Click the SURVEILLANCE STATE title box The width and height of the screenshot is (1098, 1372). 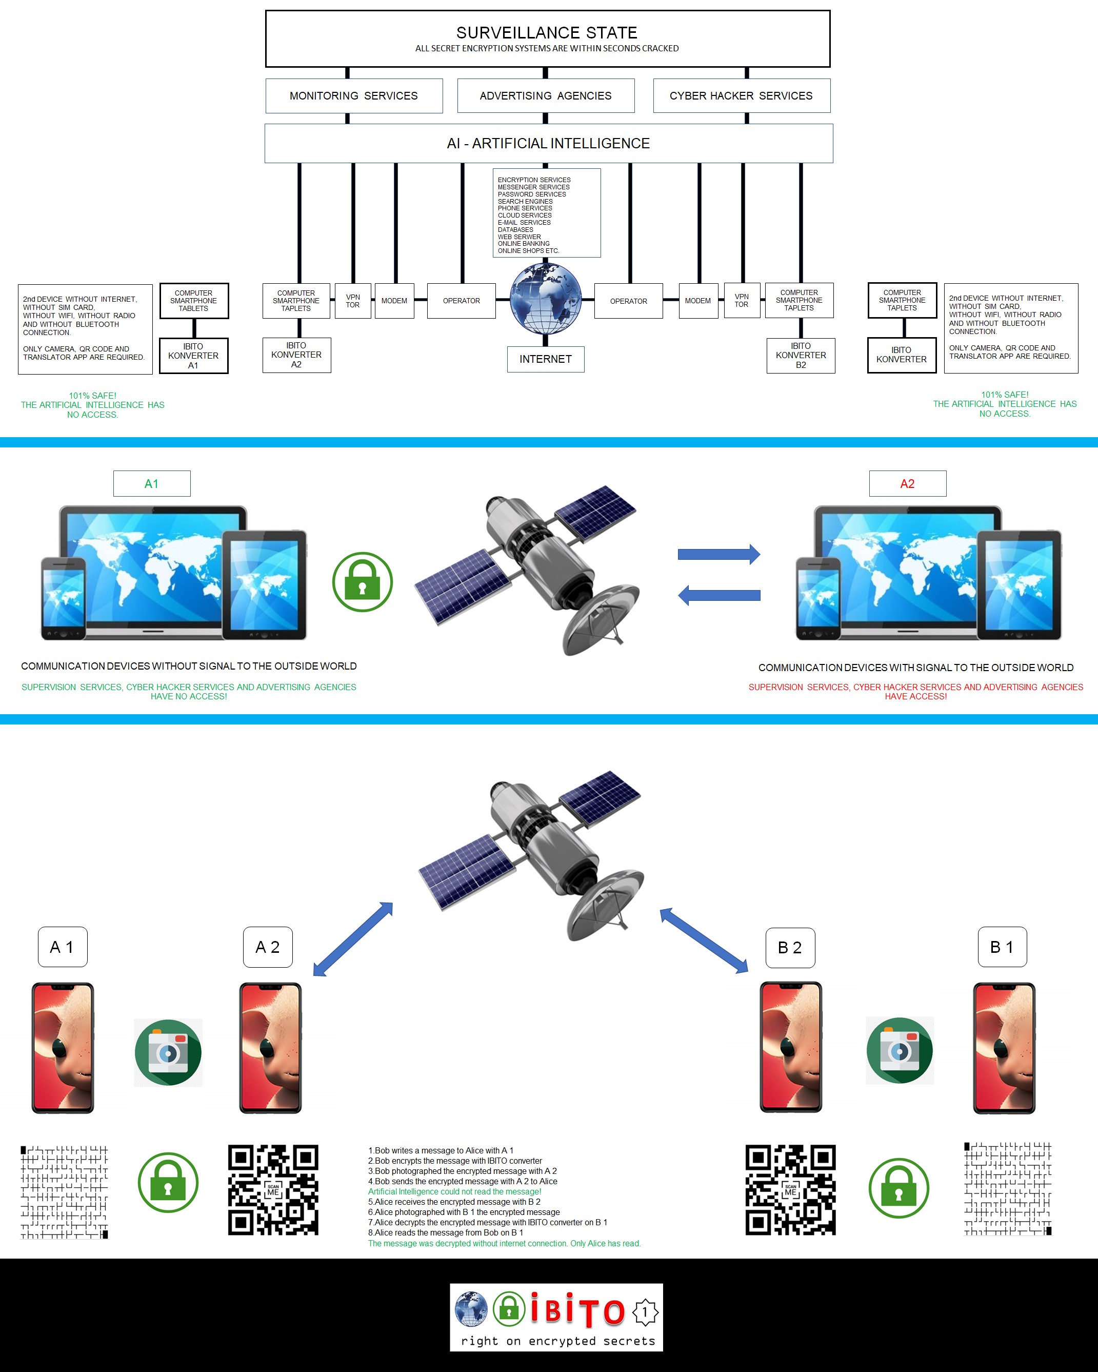coord(547,38)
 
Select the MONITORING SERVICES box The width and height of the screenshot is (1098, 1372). coord(354,95)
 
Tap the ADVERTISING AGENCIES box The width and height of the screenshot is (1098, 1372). coord(545,95)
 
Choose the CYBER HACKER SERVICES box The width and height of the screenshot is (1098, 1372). coord(741,95)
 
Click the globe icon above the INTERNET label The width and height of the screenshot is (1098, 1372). coord(546,299)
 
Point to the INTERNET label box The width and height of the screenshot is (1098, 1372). coord(545,359)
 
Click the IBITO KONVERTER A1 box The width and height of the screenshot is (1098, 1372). coord(193,356)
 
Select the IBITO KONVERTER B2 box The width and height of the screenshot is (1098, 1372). coord(800,355)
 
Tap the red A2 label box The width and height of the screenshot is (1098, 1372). coord(907,484)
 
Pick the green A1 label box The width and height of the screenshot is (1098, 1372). coord(151,484)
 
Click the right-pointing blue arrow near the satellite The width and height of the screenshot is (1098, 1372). coord(719,554)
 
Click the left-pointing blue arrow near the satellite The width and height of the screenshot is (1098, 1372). coord(719,596)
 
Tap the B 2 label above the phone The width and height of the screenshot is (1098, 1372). coord(789,948)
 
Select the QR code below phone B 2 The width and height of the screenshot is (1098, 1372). coord(790,1190)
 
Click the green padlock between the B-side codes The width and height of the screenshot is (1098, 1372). coord(899,1188)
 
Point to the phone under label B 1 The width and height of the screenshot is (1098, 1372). coord(1004,1048)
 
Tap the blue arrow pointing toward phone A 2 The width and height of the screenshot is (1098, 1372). coord(353,938)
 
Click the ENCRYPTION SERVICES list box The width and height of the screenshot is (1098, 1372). coord(547,213)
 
